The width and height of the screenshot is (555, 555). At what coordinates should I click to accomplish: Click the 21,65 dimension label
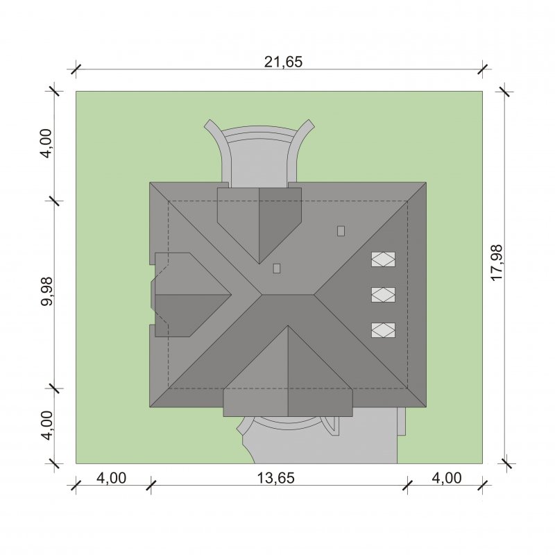point(283,62)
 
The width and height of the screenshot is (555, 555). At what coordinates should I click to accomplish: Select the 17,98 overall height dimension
point(497,263)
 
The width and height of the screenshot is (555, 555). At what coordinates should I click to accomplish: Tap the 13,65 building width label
point(275,478)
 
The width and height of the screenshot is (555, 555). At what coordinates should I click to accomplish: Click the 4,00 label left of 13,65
point(111,478)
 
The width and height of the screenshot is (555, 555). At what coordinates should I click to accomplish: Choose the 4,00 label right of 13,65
point(447,478)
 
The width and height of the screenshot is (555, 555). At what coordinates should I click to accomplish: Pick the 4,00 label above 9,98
point(46,144)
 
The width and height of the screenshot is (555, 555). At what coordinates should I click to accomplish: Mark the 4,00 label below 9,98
point(46,425)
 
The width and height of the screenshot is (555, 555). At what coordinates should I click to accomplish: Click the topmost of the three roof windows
point(383,259)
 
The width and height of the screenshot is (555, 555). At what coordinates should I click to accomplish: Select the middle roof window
point(383,294)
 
